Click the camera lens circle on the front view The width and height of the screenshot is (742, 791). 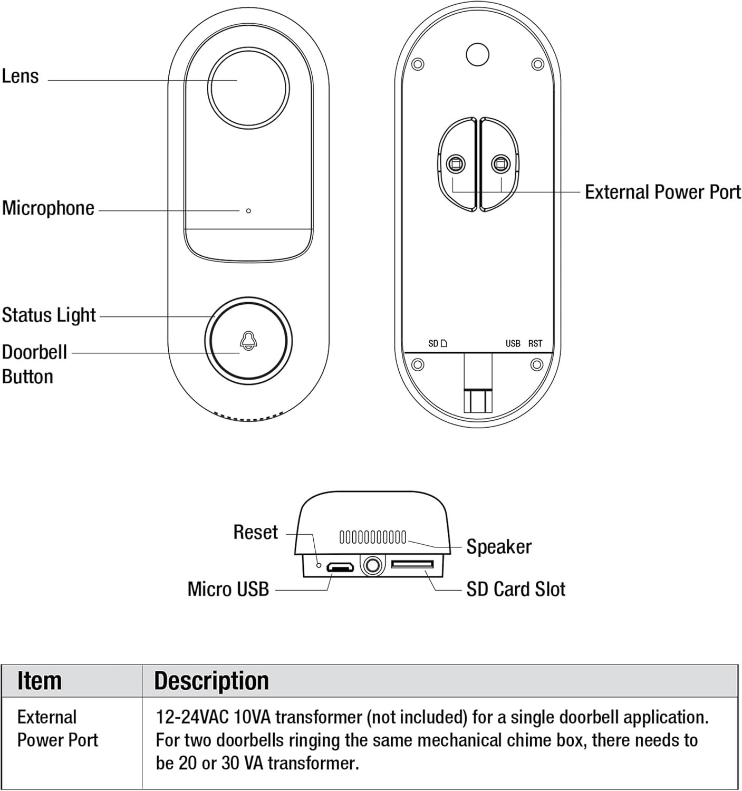(248, 88)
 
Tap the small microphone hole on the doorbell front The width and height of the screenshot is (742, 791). (248, 211)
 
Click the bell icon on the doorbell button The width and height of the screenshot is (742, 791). (248, 341)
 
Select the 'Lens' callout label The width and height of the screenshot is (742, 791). (21, 76)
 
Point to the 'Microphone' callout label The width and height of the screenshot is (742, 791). (48, 208)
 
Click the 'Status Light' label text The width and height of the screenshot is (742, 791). (49, 315)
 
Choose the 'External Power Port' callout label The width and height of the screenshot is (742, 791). (662, 191)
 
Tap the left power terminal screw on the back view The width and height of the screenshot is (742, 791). (455, 163)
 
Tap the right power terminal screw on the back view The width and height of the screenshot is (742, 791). (500, 163)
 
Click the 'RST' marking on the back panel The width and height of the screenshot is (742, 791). (535, 343)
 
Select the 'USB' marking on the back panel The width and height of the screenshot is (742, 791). (513, 343)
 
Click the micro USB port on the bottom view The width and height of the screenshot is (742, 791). (340, 567)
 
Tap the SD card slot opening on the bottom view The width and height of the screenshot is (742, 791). (412, 564)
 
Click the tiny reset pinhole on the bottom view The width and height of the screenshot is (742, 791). (319, 565)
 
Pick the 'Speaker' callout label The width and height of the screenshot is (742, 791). (498, 547)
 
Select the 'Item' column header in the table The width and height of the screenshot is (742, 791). (40, 681)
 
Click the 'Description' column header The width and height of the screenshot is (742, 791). (211, 681)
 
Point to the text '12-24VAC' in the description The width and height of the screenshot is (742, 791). (192, 717)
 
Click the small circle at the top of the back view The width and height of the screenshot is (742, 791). (477, 54)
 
